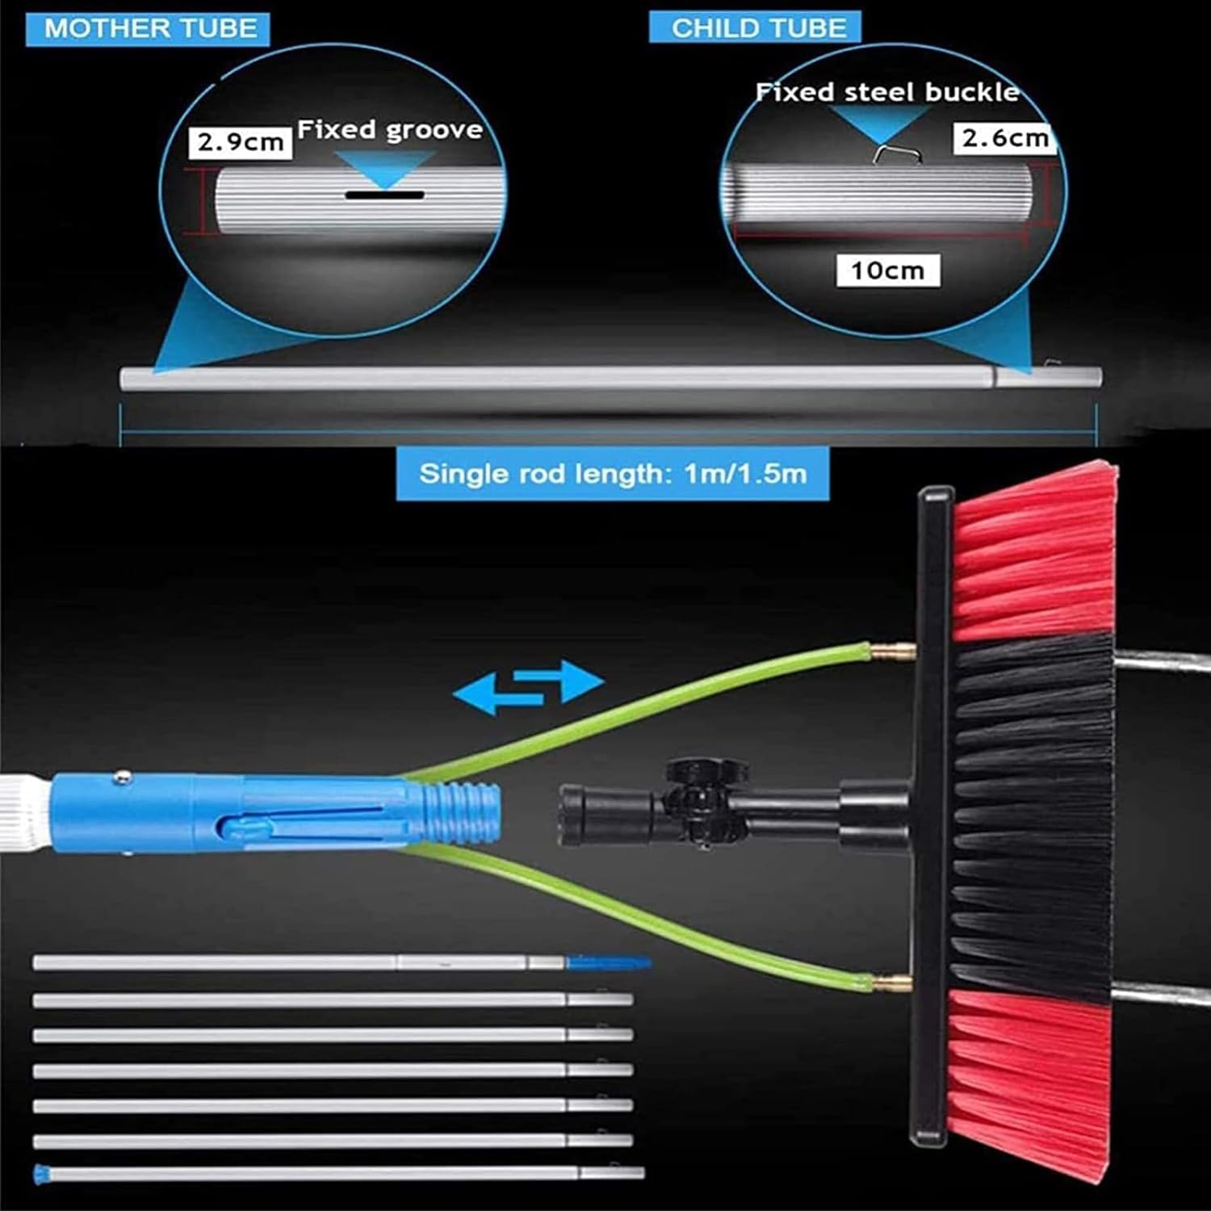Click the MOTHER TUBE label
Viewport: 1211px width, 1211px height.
point(150,28)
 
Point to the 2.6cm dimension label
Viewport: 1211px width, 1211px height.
point(1005,138)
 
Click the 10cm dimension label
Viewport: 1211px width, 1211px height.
point(887,270)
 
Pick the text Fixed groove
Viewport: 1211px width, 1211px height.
point(390,130)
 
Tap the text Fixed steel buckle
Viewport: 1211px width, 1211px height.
point(887,92)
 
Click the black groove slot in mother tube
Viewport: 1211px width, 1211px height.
point(385,195)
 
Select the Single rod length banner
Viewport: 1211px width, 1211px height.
point(613,473)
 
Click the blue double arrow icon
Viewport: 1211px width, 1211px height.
point(529,686)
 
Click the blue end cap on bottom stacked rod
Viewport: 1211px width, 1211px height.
point(39,1174)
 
